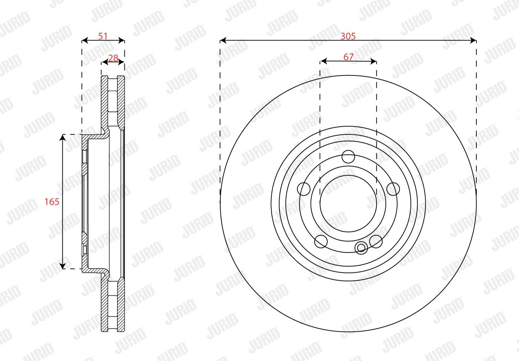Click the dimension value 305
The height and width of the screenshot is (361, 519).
(348, 36)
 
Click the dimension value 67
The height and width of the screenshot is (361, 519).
(348, 57)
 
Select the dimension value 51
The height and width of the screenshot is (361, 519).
(103, 36)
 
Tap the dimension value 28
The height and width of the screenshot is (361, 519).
(113, 58)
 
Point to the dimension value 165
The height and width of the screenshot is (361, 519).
(52, 202)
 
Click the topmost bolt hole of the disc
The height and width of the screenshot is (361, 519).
(348, 157)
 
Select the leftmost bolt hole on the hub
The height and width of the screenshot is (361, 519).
(303, 189)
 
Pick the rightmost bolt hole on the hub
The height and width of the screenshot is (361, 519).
(393, 189)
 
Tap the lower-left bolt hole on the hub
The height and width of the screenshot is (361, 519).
(321, 241)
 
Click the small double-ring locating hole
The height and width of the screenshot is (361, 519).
(361, 247)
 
